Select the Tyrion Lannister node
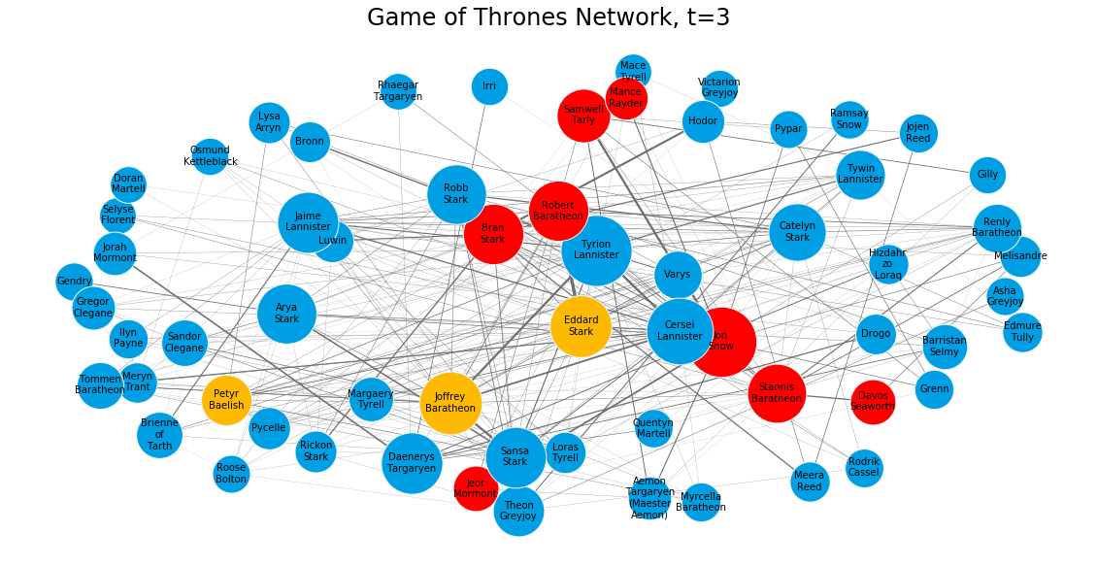coord(596,250)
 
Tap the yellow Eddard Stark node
coord(581,326)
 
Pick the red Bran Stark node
coord(493,234)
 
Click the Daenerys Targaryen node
coord(412,463)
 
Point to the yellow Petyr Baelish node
coord(227,400)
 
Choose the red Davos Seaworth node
coord(873,402)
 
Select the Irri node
coord(489,86)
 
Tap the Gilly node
coord(987,175)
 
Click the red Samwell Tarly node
coord(583,116)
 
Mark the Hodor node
coord(703,121)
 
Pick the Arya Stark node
coord(287,314)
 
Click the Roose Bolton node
coord(232,474)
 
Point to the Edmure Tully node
coord(1022,332)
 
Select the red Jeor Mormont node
coord(476,488)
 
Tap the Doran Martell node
coord(128,184)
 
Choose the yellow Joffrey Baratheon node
coord(450,403)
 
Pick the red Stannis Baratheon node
coord(777,393)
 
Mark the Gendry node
coord(74,282)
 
